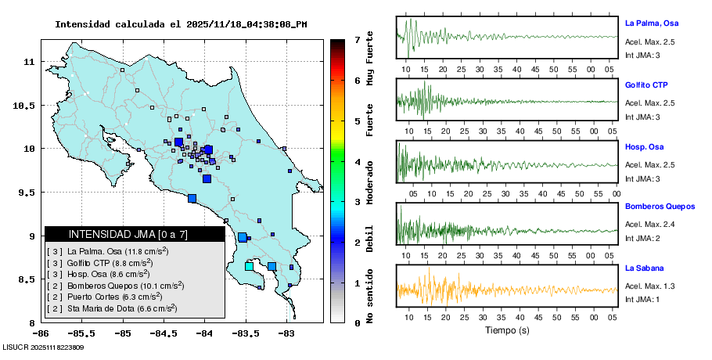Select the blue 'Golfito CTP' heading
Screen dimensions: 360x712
(645, 85)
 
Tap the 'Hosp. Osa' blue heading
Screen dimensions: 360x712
(643, 146)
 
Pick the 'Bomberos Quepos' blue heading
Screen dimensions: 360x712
(660, 207)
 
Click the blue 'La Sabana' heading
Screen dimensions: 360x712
(643, 268)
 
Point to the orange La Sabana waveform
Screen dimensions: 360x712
(507, 290)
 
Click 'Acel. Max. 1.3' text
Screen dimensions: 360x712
(650, 286)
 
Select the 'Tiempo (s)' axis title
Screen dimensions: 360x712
(507, 330)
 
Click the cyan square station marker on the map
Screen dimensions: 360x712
(249, 267)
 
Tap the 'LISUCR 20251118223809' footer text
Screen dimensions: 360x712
(43, 347)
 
